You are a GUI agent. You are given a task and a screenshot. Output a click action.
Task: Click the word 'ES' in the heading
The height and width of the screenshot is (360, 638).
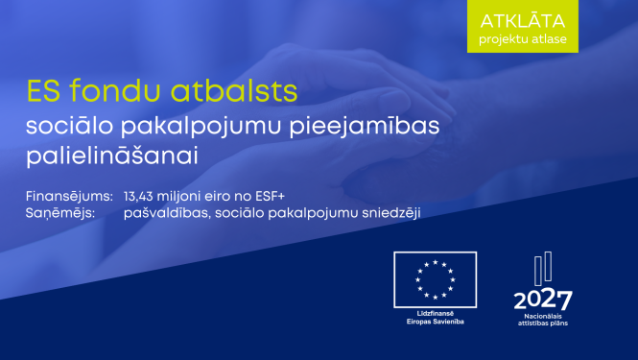(43, 91)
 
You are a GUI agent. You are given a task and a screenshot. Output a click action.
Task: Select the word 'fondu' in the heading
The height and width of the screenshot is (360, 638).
(111, 91)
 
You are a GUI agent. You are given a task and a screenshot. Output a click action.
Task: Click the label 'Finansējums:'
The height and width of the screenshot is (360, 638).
(69, 195)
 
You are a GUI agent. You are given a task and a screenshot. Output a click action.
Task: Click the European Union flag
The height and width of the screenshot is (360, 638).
(435, 277)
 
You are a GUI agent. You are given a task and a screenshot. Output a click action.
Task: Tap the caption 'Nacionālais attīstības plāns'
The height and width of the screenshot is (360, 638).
(543, 320)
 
